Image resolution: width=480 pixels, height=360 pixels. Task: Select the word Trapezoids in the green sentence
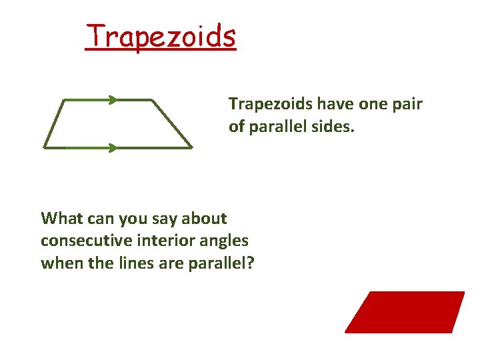(x=271, y=104)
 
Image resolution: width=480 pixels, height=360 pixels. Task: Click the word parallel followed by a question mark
(x=217, y=263)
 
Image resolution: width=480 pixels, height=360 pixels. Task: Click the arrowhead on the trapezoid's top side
(x=113, y=100)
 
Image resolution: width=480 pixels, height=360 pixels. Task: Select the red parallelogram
(x=405, y=312)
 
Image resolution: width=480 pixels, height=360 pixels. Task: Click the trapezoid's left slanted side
(x=53, y=124)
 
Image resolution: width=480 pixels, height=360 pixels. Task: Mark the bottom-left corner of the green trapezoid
(x=45, y=147)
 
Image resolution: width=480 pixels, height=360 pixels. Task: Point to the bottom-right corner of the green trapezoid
(x=192, y=147)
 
